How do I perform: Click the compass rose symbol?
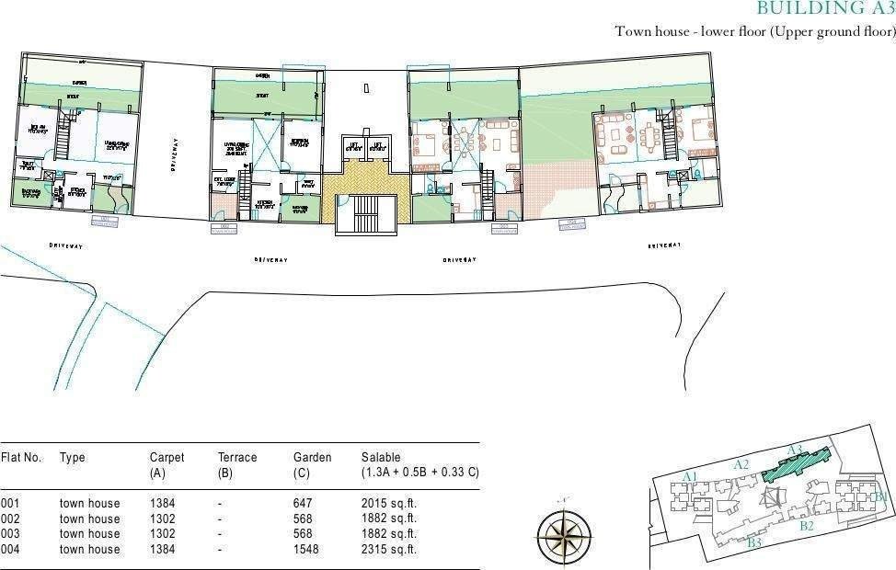point(564,531)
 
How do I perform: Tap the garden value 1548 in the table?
point(304,549)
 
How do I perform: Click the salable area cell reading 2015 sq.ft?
point(388,503)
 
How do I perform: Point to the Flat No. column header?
point(21,457)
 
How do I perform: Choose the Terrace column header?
point(237,457)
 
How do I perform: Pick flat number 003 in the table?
point(10,533)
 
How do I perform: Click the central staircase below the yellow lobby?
point(366,213)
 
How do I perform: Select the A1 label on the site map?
point(693,475)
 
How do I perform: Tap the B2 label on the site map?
point(808,526)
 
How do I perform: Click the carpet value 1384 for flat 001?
point(162,503)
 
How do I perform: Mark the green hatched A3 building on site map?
point(797,464)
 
